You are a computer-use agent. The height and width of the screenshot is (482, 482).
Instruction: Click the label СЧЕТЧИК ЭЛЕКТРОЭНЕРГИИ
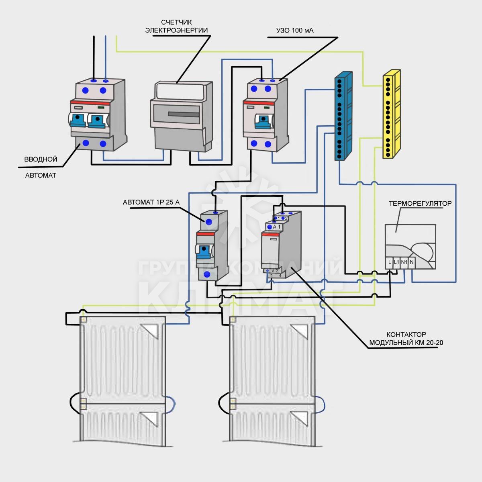[x=176, y=26]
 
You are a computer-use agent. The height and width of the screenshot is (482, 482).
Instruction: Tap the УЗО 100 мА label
[x=295, y=31]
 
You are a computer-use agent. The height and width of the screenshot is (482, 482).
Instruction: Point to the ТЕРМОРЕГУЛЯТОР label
[x=420, y=204]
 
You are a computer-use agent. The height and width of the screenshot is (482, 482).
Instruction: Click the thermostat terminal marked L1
[x=396, y=262]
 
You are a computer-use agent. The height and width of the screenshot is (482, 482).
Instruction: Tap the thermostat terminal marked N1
[x=404, y=262]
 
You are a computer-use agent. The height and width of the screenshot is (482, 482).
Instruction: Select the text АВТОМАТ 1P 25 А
[x=151, y=202]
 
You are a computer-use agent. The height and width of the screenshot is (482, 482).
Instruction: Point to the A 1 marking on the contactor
[x=277, y=227]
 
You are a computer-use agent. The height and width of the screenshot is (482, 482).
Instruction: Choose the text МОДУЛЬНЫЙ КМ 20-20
[x=406, y=343]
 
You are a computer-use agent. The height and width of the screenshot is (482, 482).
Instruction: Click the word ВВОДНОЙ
[x=41, y=159]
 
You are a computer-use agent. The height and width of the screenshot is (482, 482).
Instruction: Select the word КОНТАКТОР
[x=406, y=334]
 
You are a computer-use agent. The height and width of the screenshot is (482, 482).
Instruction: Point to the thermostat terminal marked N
[x=412, y=262]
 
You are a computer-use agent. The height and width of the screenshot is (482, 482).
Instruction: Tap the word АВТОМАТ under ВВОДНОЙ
[x=41, y=176]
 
